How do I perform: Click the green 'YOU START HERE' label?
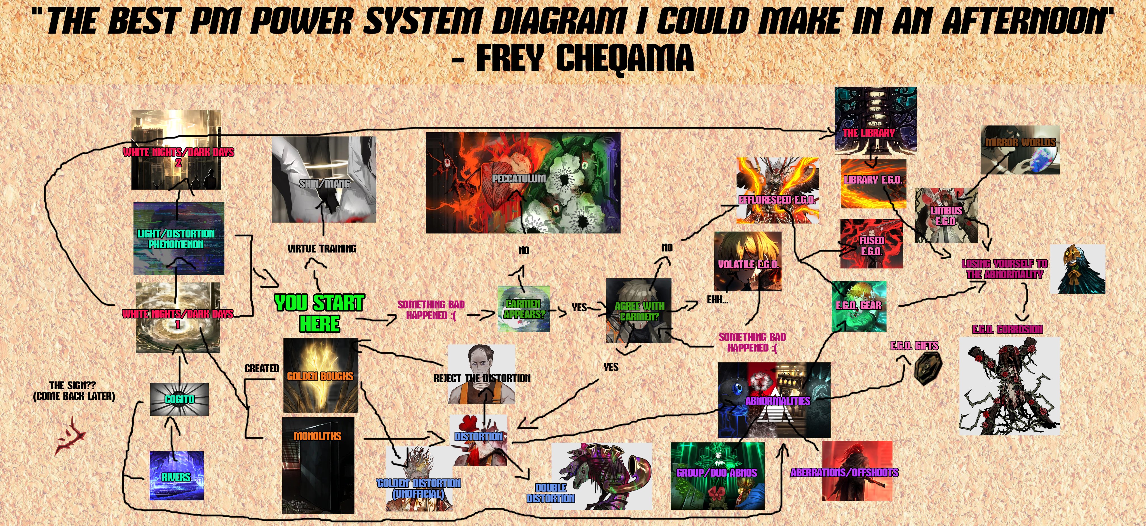point(320,313)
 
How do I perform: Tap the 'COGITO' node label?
point(179,399)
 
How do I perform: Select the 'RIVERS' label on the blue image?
point(176,477)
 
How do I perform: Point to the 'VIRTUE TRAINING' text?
point(322,249)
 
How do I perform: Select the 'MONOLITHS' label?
point(317,436)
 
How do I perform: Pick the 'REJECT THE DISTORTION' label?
point(482,378)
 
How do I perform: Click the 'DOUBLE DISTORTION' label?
point(550,493)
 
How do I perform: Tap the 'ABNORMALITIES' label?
point(778,401)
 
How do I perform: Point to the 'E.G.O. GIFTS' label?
point(914,345)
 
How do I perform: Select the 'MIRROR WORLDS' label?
point(1020,142)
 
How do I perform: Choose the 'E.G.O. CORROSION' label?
point(1007,329)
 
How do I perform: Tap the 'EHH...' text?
point(717,300)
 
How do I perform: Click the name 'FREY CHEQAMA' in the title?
point(584,58)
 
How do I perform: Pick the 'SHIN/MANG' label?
point(324,183)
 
